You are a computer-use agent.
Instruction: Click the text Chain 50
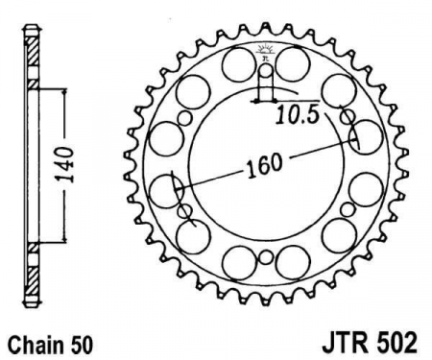point(51,346)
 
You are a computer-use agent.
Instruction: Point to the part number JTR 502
point(370,344)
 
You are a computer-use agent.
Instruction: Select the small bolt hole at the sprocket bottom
point(265,257)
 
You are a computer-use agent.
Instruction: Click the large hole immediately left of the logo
point(239,64)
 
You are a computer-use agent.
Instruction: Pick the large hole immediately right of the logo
point(292,63)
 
